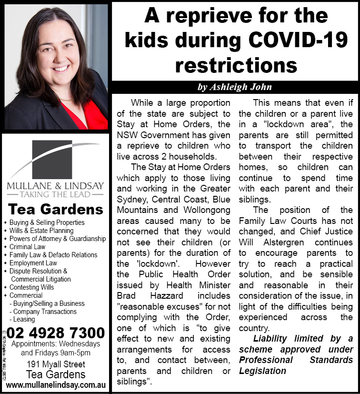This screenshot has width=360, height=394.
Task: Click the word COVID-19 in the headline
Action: click(x=303, y=40)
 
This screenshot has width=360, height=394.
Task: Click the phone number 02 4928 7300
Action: click(x=56, y=332)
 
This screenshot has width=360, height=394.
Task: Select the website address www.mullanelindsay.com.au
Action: click(x=56, y=384)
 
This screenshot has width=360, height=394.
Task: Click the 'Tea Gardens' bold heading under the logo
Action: click(x=56, y=209)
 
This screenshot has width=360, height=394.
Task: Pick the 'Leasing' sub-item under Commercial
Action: click(x=24, y=320)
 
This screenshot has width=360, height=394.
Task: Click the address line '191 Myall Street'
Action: click(x=56, y=364)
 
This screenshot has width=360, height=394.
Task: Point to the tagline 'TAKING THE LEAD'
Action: click(x=56, y=194)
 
